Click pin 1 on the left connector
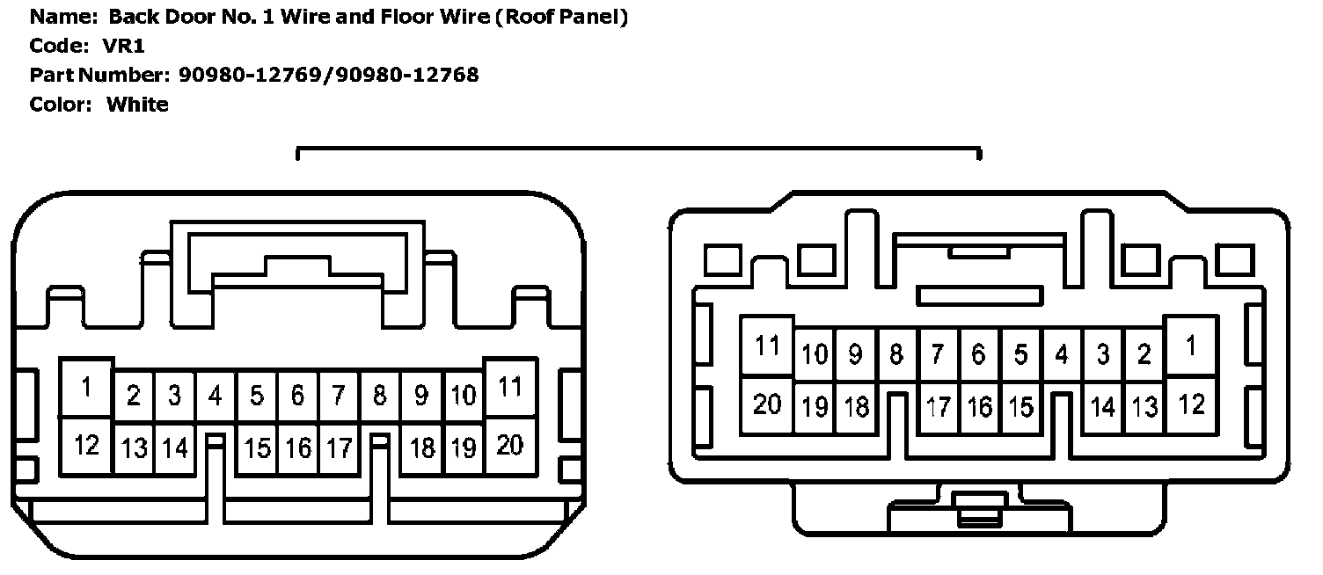[x=86, y=388]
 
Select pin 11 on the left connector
[x=510, y=388]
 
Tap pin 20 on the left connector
[x=510, y=446]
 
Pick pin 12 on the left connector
[x=86, y=446]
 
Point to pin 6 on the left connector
[x=297, y=397]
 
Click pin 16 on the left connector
[x=297, y=448]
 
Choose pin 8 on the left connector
[x=380, y=397]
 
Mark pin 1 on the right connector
[x=1190, y=346]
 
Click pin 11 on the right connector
[x=767, y=346]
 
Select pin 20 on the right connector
[x=767, y=404]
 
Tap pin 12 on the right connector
[x=1190, y=404]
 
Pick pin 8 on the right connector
[x=896, y=354]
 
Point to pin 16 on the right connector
[x=979, y=407]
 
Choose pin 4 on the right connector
[x=1062, y=354]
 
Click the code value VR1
[x=123, y=47]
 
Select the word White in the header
[x=137, y=105]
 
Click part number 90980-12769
[x=251, y=76]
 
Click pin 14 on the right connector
[x=1103, y=407]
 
